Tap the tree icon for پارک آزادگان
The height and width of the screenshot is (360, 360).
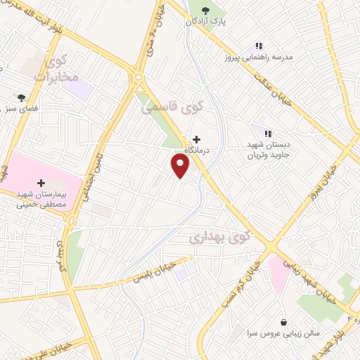point(205,10)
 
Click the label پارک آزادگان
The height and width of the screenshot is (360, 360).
point(209,22)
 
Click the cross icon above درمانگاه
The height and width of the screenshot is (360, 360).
point(196,139)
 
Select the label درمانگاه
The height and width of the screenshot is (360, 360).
point(198,150)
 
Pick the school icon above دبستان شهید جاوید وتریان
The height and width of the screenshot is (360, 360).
point(267,132)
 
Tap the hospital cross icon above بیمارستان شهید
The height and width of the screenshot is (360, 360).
point(41,183)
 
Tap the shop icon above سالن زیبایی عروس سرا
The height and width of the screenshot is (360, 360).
point(283,321)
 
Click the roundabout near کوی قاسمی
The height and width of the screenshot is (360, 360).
point(139,77)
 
